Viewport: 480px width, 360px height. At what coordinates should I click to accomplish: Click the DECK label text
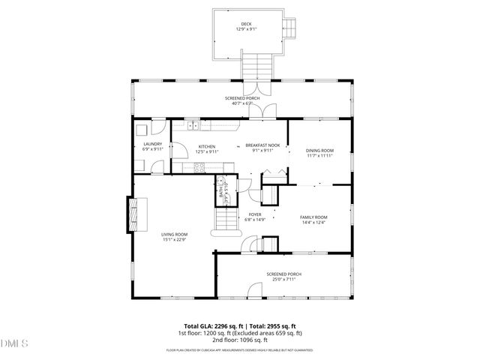(247, 24)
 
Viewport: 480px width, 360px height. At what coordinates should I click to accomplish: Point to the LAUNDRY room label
(153, 145)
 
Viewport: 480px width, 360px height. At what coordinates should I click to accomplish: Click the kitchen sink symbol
(193, 126)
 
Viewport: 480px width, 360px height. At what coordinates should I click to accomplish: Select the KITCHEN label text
(207, 146)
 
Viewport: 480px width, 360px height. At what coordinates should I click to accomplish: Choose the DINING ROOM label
(319, 151)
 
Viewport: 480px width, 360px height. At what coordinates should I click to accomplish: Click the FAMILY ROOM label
(314, 217)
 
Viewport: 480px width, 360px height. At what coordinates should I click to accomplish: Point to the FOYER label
(255, 215)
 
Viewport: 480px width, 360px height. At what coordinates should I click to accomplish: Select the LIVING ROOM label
(175, 235)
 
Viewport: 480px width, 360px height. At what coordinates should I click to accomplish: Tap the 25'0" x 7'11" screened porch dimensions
(283, 279)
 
